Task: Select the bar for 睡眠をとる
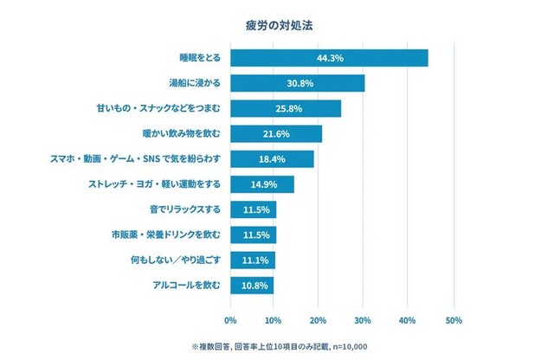pos(329,58)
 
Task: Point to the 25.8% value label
pos(287,108)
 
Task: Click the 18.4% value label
pos(272,159)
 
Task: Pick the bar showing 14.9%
pos(262,184)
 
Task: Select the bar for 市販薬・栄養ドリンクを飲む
pos(254,235)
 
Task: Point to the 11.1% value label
pos(254,260)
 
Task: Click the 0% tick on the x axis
pos(230,320)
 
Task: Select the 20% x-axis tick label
pos(319,320)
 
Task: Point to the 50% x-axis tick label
pos(453,320)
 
